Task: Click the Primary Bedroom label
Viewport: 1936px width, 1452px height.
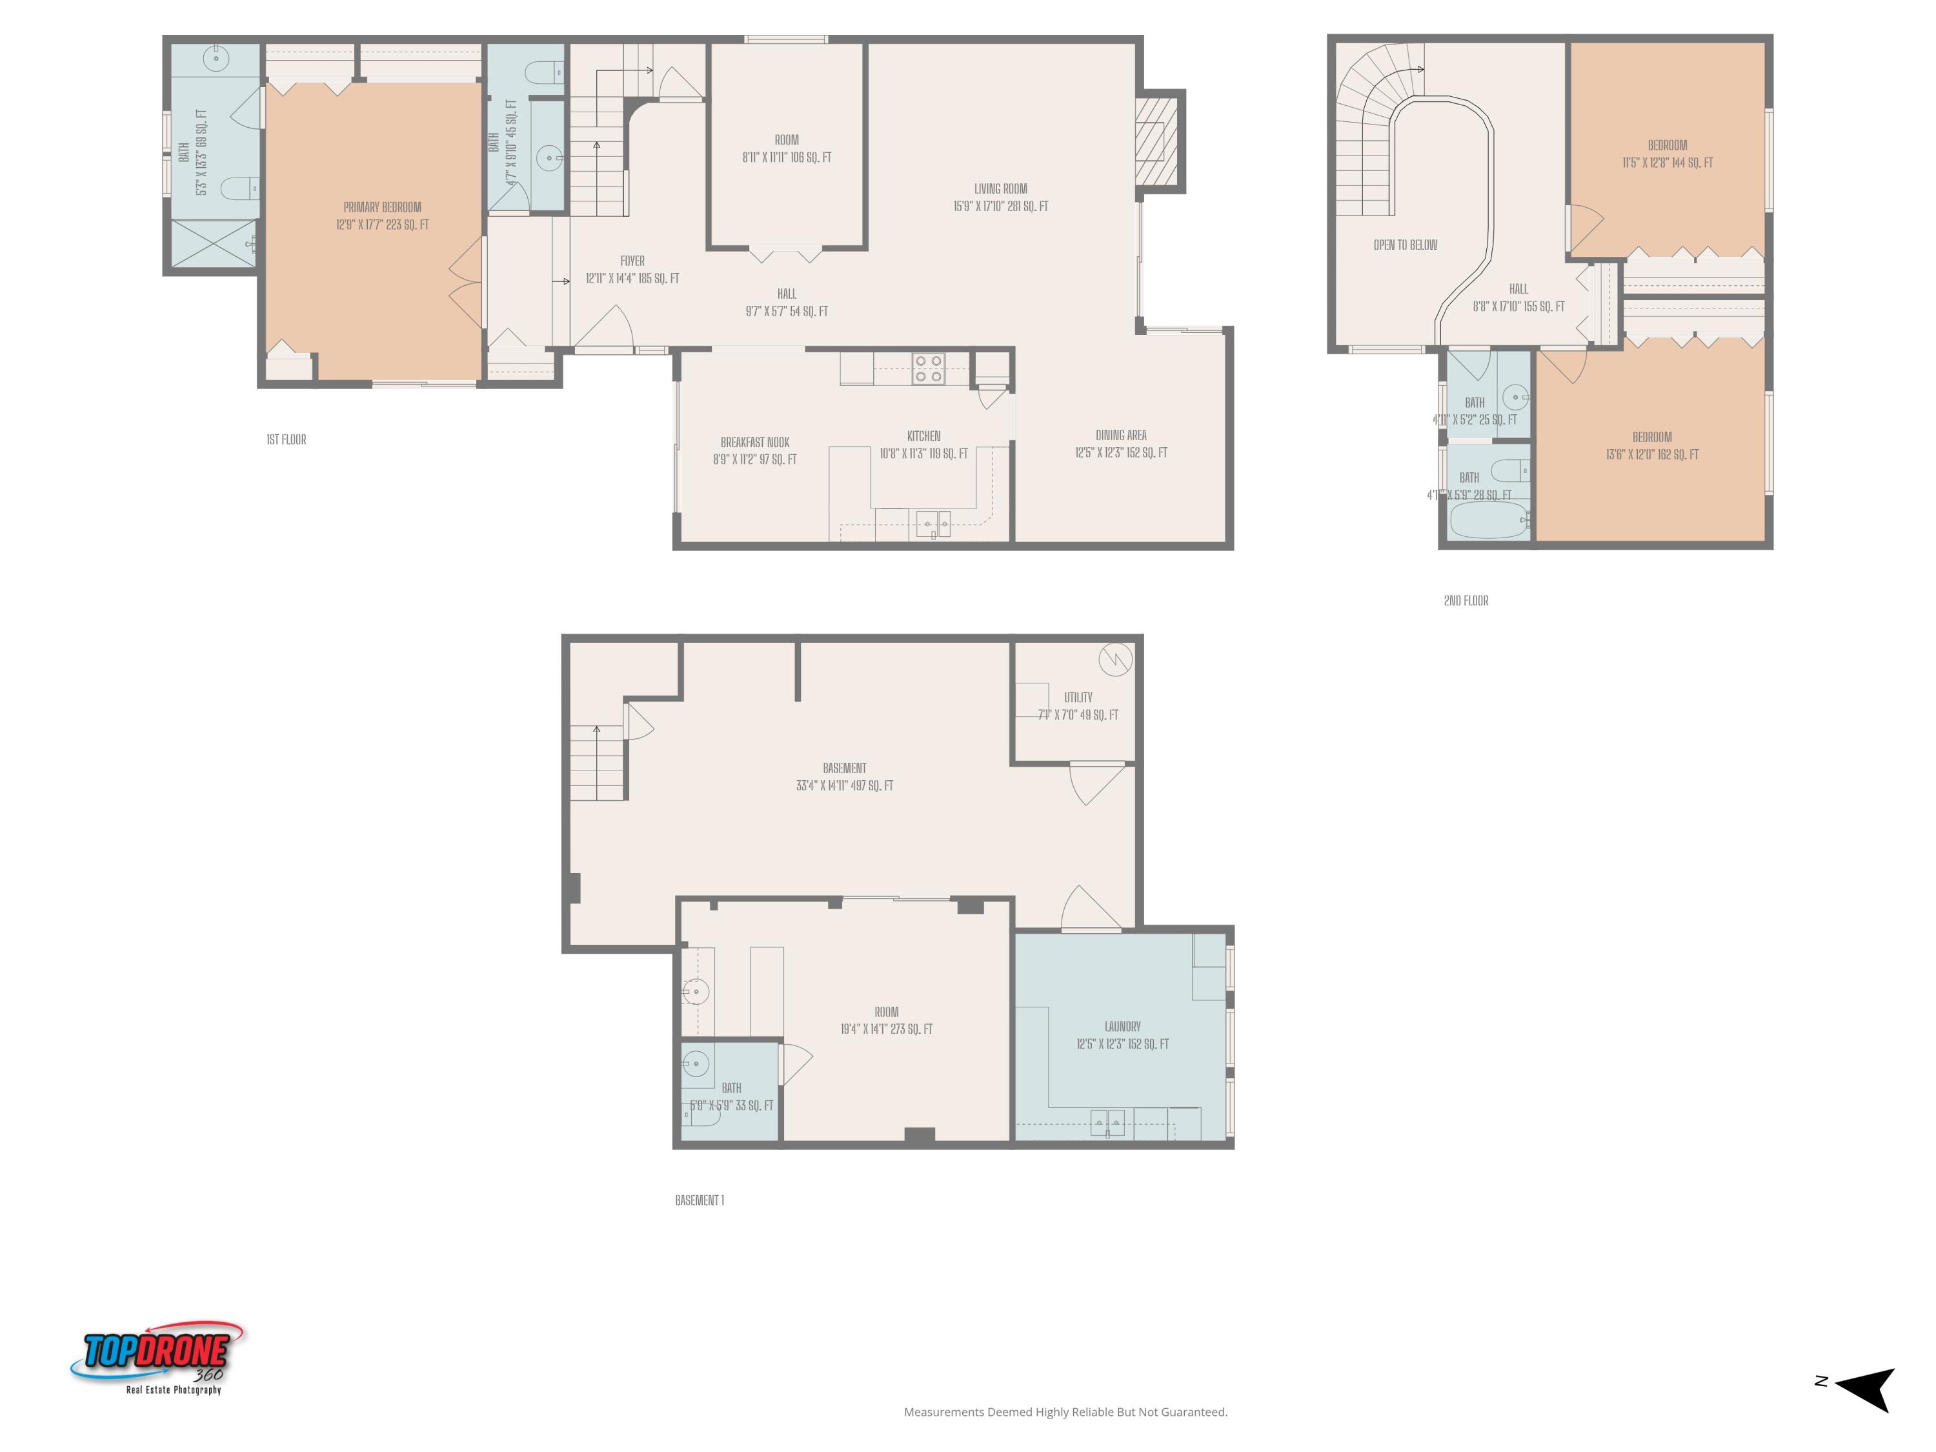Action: pos(381,207)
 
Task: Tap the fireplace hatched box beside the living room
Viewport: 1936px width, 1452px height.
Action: pos(1155,141)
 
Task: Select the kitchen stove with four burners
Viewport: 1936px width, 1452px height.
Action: pos(928,368)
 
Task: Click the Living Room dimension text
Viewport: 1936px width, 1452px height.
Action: pos(1000,207)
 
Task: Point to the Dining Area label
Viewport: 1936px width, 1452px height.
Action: pos(1120,435)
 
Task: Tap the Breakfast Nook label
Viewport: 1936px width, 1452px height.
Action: pos(754,442)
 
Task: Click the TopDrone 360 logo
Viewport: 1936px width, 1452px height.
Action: pos(157,1356)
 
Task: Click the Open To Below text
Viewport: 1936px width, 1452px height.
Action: pos(1405,245)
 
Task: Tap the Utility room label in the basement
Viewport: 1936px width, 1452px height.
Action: pos(1078,698)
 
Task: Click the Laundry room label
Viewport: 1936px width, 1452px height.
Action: pos(1122,1026)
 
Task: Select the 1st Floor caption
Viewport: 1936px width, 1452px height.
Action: pos(286,439)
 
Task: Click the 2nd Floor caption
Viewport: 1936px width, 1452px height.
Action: pos(1465,600)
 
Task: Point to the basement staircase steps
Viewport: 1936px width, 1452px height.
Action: pos(597,763)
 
